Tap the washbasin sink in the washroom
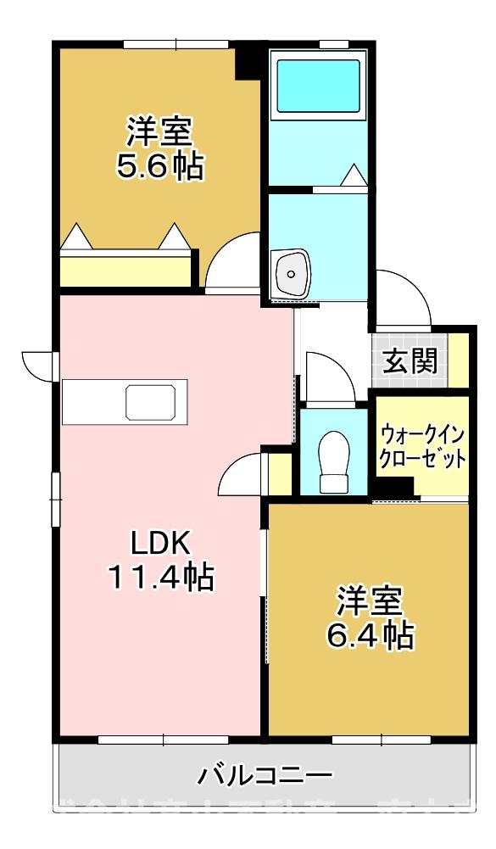(x=292, y=273)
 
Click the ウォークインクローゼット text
(x=422, y=446)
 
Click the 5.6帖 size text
(x=159, y=166)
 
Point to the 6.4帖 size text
(x=371, y=634)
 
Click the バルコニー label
(x=265, y=774)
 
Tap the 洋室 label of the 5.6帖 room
(x=159, y=131)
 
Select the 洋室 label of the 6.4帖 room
(x=370, y=600)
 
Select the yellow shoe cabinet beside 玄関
(x=459, y=360)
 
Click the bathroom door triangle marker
(x=354, y=176)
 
